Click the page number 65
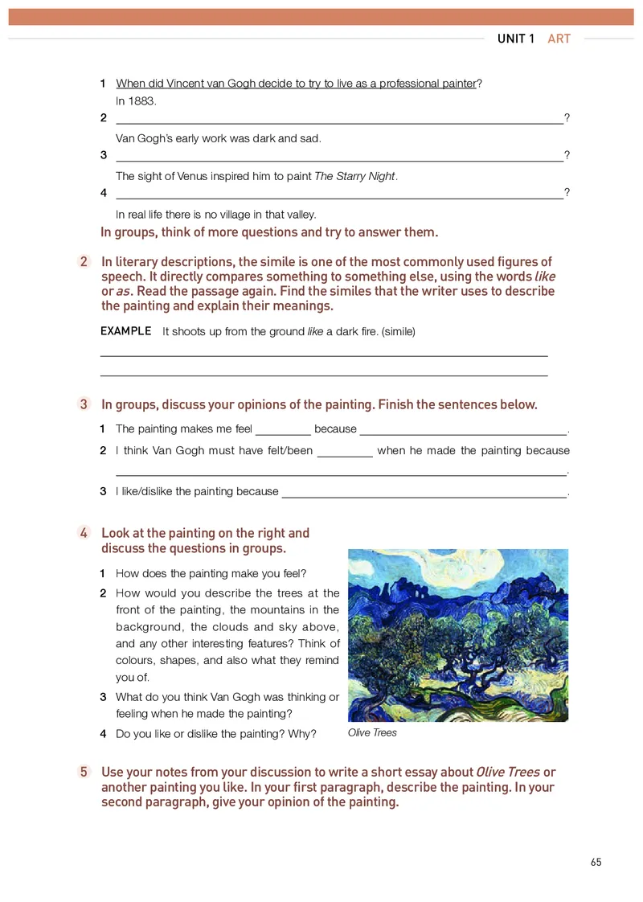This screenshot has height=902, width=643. pos(596,863)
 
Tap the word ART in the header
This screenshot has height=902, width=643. pos(559,39)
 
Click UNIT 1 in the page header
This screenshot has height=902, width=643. pos(515,39)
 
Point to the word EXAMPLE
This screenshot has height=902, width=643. pos(125,331)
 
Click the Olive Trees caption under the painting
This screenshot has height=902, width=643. pos(372,733)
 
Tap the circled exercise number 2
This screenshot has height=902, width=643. pos(84,262)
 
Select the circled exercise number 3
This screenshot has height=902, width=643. pos(84,404)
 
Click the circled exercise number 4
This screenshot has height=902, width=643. pos(84,533)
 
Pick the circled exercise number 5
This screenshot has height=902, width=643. pos(84,772)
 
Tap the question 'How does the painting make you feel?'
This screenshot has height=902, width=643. pos(211,573)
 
